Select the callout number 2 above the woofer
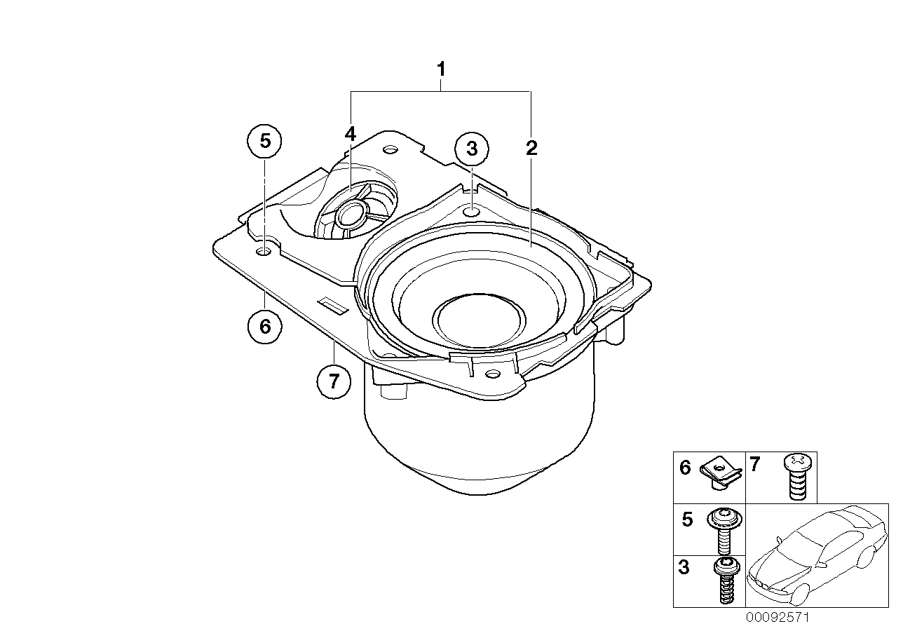click(531, 148)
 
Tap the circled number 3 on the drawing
click(472, 149)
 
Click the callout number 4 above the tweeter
click(350, 134)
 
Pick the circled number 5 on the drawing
click(264, 140)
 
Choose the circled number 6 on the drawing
click(264, 325)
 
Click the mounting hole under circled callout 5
click(264, 251)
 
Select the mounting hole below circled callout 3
click(473, 210)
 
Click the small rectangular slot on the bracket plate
click(332, 304)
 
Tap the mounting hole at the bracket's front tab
click(492, 374)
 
